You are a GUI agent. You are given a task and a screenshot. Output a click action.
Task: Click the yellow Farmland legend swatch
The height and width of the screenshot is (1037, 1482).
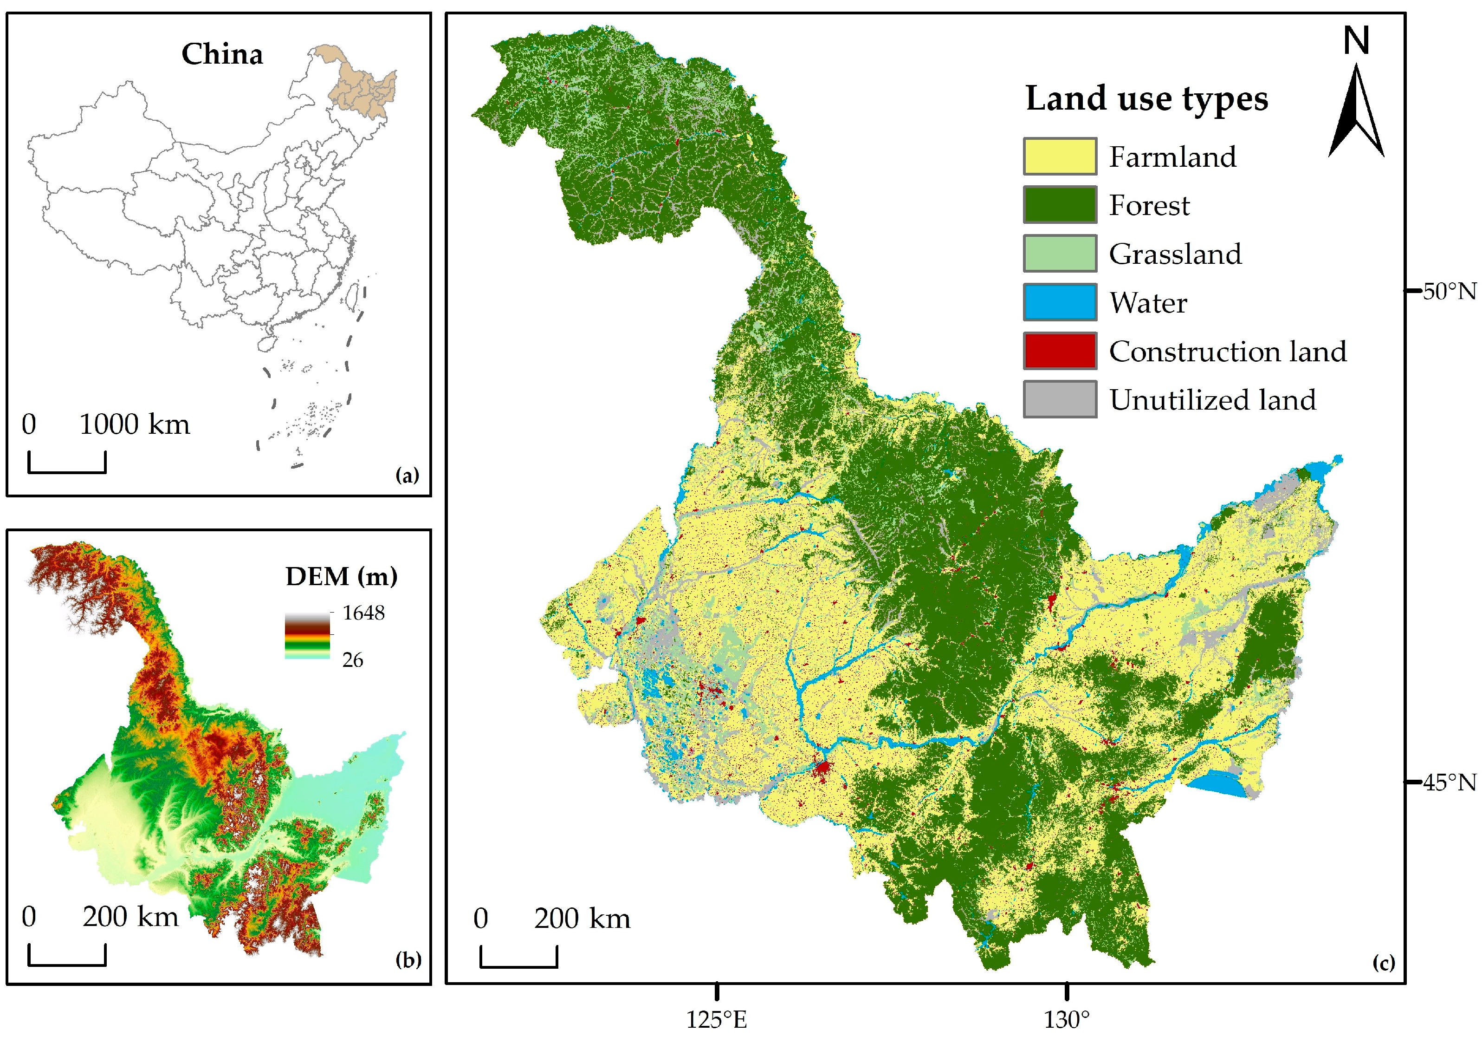point(1059,156)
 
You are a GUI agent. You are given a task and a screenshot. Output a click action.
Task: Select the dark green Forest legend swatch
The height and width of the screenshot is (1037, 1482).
point(1059,205)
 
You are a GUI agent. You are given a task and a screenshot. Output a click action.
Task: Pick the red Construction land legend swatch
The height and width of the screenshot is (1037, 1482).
point(1059,351)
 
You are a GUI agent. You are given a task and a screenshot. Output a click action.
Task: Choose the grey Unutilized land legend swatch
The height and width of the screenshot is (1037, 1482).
point(1059,399)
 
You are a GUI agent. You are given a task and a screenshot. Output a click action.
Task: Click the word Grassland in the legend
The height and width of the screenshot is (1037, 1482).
point(1175,254)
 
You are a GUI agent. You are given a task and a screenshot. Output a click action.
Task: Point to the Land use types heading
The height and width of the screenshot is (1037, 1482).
point(1146,99)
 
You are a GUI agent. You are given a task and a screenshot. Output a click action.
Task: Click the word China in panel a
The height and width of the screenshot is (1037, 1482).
point(222,54)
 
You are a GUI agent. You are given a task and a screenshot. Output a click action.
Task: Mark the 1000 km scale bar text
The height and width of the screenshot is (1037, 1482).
point(134,425)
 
